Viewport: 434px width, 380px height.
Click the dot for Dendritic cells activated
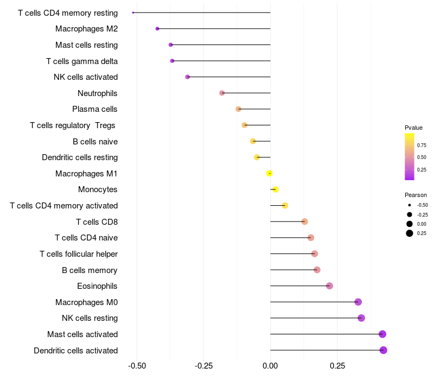tap(384, 350)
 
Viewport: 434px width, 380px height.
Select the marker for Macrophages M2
tap(157, 28)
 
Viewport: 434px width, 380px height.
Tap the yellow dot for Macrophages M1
tap(269, 173)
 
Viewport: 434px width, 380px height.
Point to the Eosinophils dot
tap(329, 286)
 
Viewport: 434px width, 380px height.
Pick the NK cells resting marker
tap(361, 318)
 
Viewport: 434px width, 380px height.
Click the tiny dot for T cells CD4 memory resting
tap(133, 12)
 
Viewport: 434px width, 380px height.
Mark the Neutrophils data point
tap(222, 93)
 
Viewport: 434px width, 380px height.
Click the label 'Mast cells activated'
tap(82, 334)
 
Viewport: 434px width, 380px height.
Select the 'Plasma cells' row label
tap(95, 109)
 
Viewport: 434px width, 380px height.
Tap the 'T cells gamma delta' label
tap(82, 61)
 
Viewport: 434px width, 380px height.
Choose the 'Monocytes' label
tap(98, 189)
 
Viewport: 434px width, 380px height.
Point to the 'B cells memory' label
tap(90, 270)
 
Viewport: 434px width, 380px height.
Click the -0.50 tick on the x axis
tap(137, 366)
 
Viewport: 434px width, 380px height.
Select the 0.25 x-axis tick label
tap(337, 366)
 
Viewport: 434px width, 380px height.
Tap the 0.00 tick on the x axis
tap(270, 366)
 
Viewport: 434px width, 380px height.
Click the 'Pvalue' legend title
tap(413, 128)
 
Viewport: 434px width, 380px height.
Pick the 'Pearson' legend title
tap(416, 195)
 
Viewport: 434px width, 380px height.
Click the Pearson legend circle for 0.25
tap(410, 233)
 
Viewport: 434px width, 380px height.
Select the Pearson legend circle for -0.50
tap(410, 205)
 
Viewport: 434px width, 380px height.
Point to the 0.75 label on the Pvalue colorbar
tap(422, 145)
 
